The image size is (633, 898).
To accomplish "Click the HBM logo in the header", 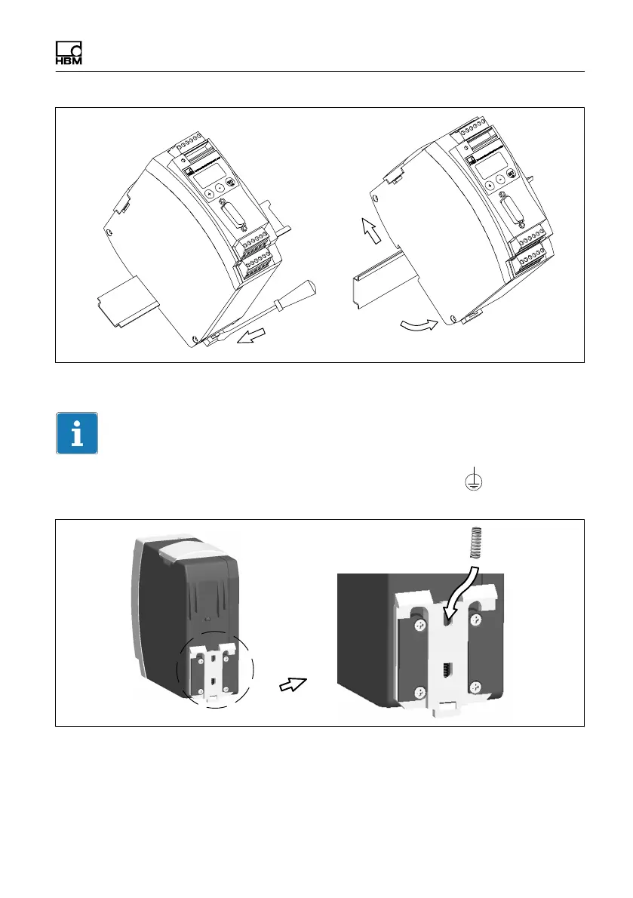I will click(x=69, y=52).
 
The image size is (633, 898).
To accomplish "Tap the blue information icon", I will click(x=77, y=433).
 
